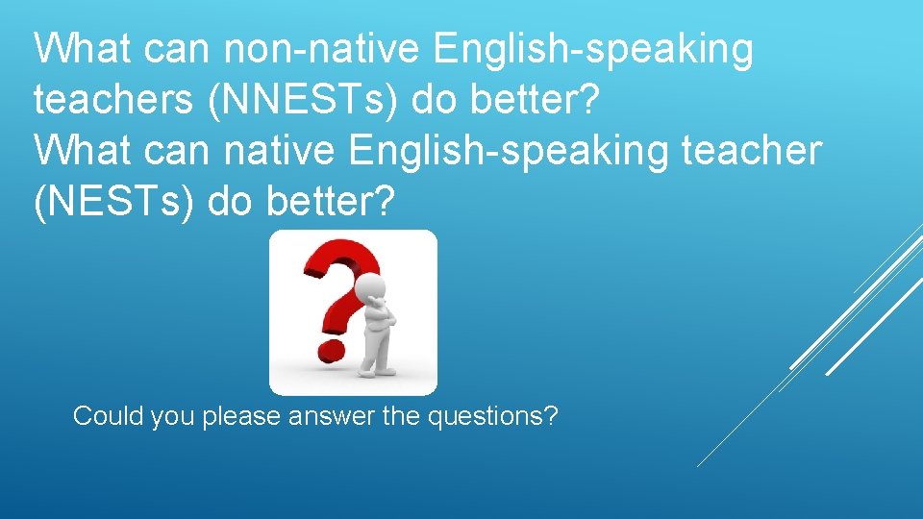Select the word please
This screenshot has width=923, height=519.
240,417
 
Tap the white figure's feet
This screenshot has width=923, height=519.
376,371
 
